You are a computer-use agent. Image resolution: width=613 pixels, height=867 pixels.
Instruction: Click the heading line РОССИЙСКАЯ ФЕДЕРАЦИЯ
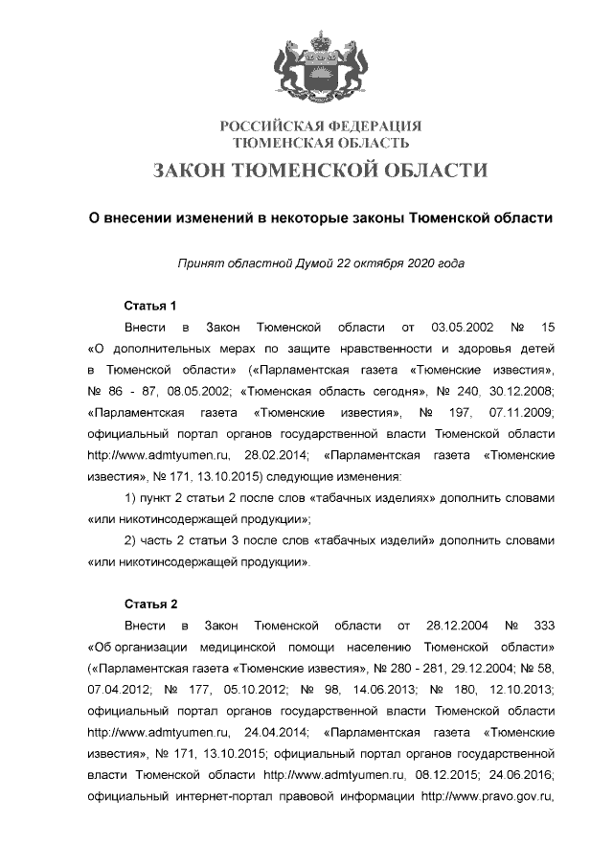[321, 126]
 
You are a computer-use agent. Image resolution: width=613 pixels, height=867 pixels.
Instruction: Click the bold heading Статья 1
[151, 307]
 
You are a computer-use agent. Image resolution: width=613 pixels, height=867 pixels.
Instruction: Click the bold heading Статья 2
[151, 605]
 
